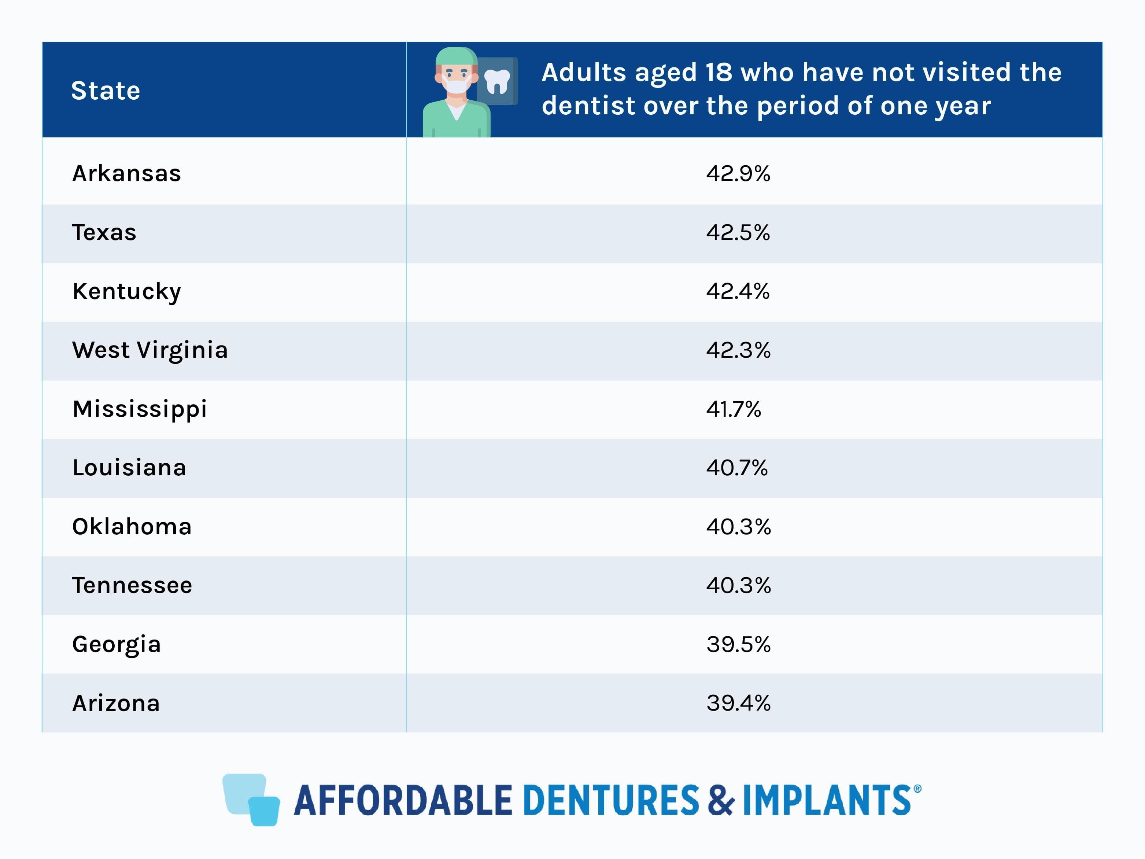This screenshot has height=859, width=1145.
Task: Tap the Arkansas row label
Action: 127,173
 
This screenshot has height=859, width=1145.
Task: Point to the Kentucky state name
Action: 127,291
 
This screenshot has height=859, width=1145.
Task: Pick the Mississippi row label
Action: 140,409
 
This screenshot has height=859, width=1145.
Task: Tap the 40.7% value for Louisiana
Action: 736,468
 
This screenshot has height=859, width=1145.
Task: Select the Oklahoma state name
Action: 132,527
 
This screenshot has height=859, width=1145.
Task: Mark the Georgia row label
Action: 117,645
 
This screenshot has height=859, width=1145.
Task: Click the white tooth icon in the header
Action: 497,82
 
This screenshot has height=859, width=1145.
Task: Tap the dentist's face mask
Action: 457,86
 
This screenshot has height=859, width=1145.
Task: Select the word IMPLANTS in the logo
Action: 827,800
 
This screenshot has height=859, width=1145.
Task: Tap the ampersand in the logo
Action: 721,800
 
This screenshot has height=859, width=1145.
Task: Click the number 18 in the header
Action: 719,73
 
